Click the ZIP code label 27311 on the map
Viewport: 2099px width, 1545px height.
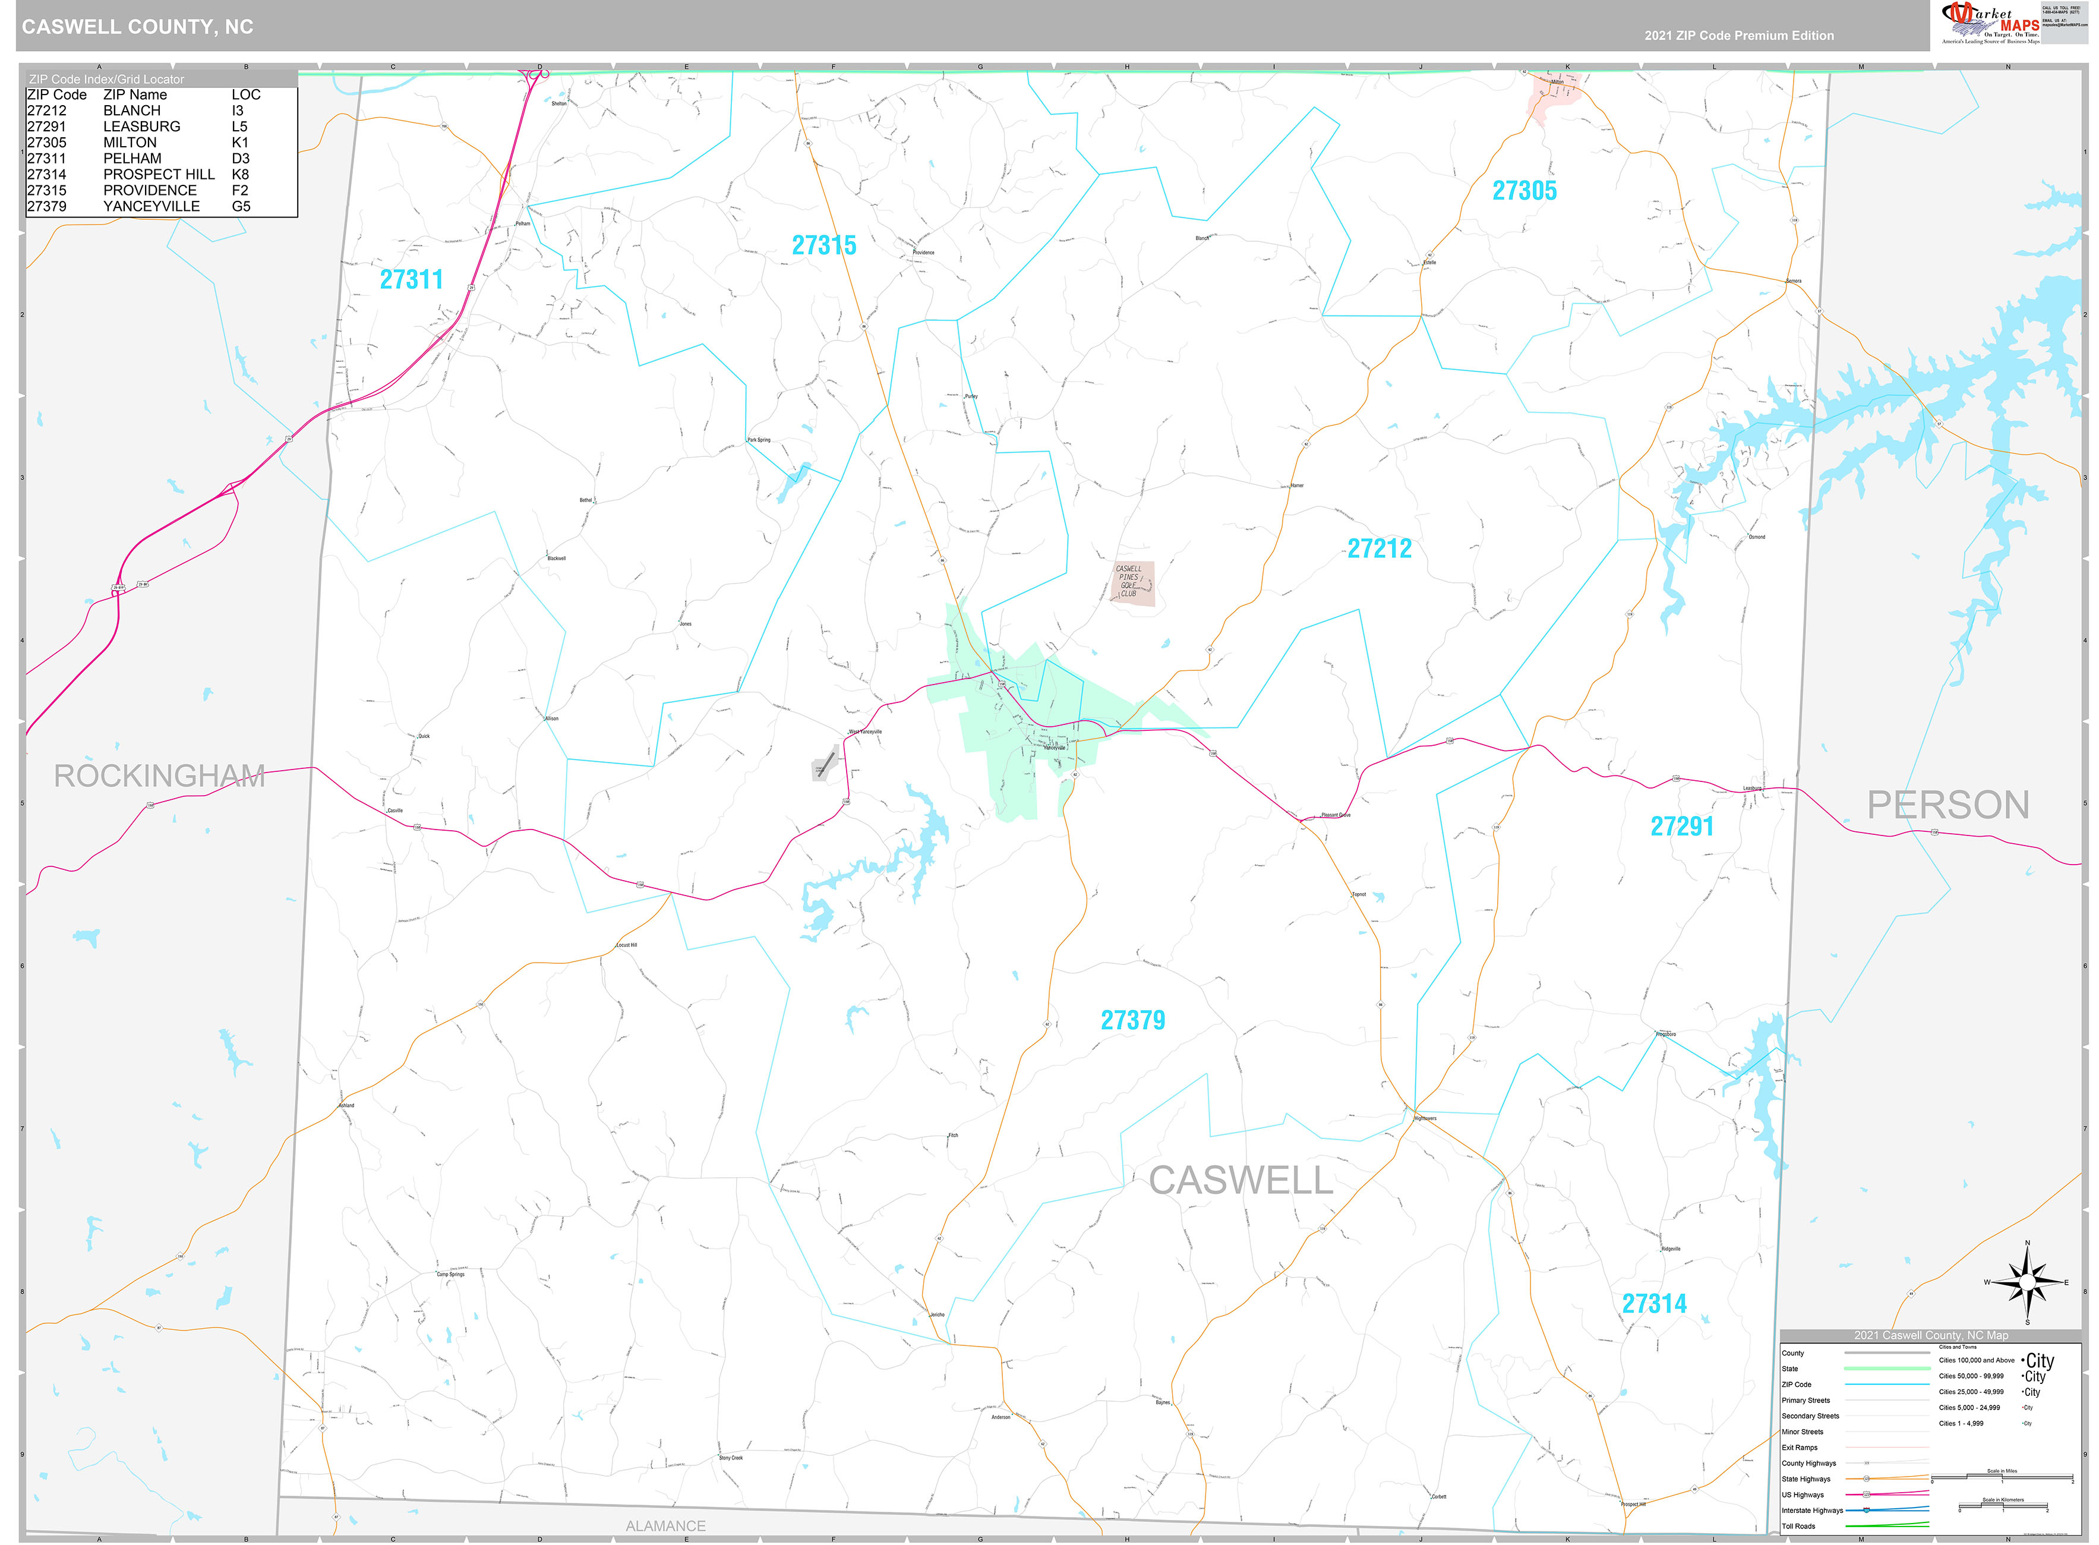(411, 280)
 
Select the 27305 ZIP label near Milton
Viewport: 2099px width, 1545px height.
(1524, 191)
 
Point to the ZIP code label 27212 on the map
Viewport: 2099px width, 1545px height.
(1379, 549)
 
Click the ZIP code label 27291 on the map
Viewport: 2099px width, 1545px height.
(1681, 827)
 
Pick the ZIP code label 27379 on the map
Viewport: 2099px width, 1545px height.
(1132, 1020)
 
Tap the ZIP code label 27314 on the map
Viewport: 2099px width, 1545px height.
(1654, 1304)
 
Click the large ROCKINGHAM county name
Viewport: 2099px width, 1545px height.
(160, 776)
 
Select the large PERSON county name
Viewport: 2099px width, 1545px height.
(1948, 805)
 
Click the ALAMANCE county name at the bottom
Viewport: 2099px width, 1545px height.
(665, 1527)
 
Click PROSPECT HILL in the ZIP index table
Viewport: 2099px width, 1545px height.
(159, 175)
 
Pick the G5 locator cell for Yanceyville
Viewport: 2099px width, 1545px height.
(241, 207)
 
